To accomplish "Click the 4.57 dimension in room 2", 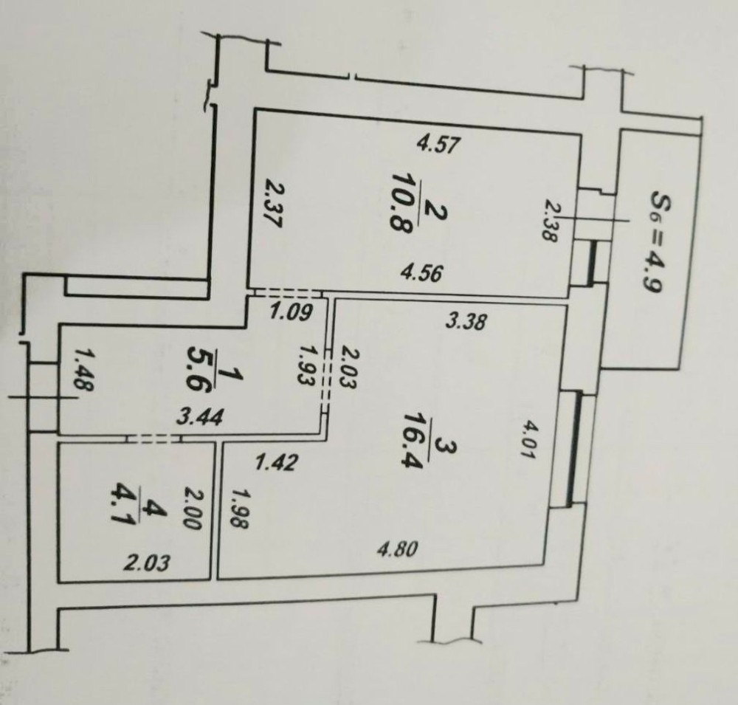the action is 438,144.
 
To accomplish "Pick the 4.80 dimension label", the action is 398,549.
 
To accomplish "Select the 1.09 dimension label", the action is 292,312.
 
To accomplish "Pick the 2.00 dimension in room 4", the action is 193,509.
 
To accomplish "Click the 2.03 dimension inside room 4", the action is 146,563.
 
